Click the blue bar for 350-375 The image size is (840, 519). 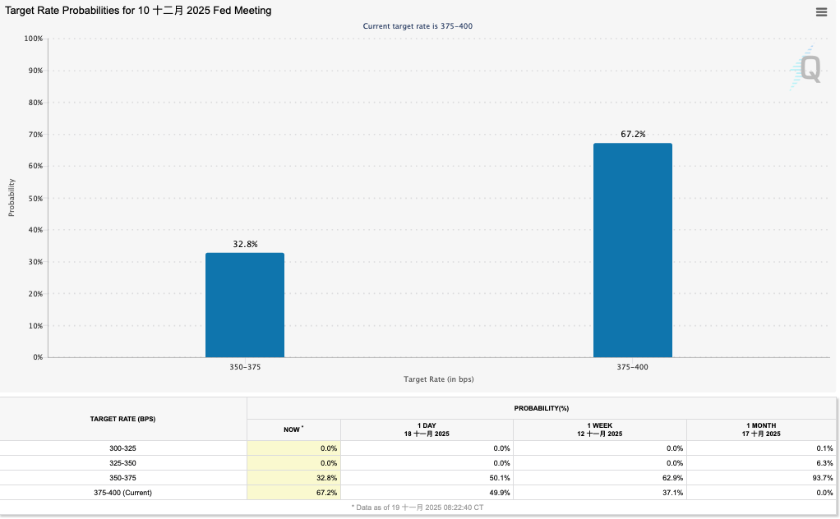pos(245,305)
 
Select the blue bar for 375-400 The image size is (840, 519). pos(632,250)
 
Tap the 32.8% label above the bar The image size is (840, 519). pos(245,244)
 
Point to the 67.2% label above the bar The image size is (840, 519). pos(632,134)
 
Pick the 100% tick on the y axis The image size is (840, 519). pos(33,39)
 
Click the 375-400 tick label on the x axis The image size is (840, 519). pos(632,367)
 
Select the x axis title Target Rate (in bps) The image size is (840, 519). pos(438,379)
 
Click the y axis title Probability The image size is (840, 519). pos(12,198)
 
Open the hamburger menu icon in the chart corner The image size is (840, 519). pos(821,11)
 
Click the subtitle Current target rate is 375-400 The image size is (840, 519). pos(418,26)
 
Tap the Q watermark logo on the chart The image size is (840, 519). pos(808,68)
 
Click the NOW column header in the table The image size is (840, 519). pos(293,429)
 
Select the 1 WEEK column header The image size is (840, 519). pos(599,429)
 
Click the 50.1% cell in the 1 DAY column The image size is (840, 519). pos(500,478)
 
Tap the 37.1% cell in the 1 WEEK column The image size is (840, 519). pos(672,493)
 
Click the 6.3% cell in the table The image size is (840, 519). pos(825,463)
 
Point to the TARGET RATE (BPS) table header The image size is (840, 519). pos(122,419)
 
